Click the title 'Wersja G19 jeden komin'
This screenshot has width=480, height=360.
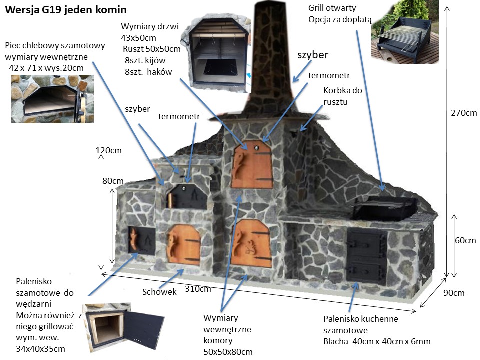[x=65, y=9]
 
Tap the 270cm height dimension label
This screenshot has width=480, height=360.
[x=464, y=113]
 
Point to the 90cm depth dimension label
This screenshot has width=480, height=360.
[x=454, y=293]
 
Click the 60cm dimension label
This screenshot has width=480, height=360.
[x=465, y=240]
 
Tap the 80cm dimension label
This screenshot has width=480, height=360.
[x=113, y=181]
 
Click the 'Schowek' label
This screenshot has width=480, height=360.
[x=159, y=292]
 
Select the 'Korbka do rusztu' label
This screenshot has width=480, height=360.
[x=343, y=96]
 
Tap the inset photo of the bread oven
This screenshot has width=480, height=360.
[x=52, y=99]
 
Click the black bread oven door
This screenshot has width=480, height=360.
[x=186, y=196]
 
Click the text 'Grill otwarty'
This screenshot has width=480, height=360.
[x=332, y=8]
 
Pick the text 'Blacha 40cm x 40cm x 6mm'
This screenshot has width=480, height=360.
[x=377, y=342]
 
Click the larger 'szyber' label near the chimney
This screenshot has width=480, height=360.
[x=313, y=54]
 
